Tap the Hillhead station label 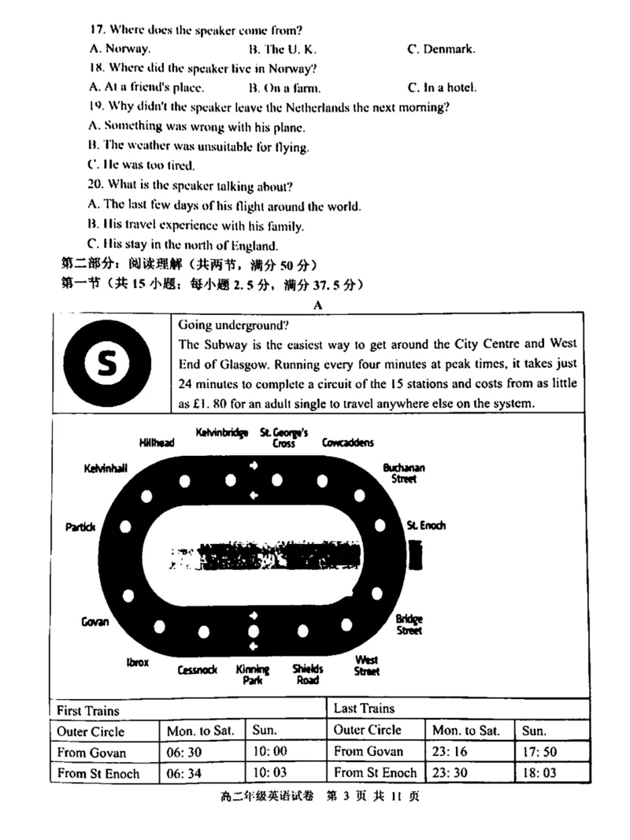[157, 442]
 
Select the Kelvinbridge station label [221, 433]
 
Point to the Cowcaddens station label [347, 442]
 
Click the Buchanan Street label [403, 472]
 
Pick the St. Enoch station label [426, 525]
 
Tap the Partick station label [80, 527]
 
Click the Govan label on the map [94, 622]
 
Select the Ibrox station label [137, 663]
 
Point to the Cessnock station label [197, 670]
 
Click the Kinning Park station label [253, 675]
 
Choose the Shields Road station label [307, 675]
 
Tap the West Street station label [366, 665]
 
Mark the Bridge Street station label [409, 624]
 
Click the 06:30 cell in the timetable [184, 752]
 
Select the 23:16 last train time [450, 752]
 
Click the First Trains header [88, 710]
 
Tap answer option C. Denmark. [441, 49]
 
